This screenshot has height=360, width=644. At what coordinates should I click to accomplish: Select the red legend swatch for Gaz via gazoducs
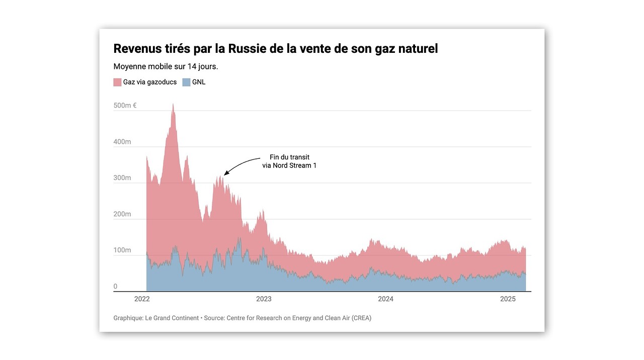click(117, 82)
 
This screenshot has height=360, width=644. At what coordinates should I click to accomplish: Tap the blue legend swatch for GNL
click(186, 82)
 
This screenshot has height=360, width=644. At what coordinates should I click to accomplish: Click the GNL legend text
click(199, 82)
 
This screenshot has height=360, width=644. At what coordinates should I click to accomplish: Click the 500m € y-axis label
click(125, 106)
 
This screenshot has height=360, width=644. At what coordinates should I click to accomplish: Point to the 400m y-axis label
click(122, 142)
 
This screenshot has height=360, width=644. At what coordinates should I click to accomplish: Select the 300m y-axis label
click(122, 178)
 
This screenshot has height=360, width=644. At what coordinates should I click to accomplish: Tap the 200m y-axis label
click(122, 214)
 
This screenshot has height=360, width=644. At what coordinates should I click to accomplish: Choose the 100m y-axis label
click(122, 250)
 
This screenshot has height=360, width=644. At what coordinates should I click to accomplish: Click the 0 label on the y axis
click(115, 287)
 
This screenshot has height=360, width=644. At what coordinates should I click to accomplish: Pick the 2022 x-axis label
click(142, 299)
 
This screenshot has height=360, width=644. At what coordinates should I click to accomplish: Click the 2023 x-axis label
click(264, 299)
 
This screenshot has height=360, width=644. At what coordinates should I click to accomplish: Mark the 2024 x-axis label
click(385, 299)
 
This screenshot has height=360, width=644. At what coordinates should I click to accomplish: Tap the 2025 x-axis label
click(508, 299)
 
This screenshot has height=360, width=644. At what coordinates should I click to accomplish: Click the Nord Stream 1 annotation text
click(289, 165)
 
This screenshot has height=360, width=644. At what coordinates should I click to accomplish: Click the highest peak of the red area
click(173, 104)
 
